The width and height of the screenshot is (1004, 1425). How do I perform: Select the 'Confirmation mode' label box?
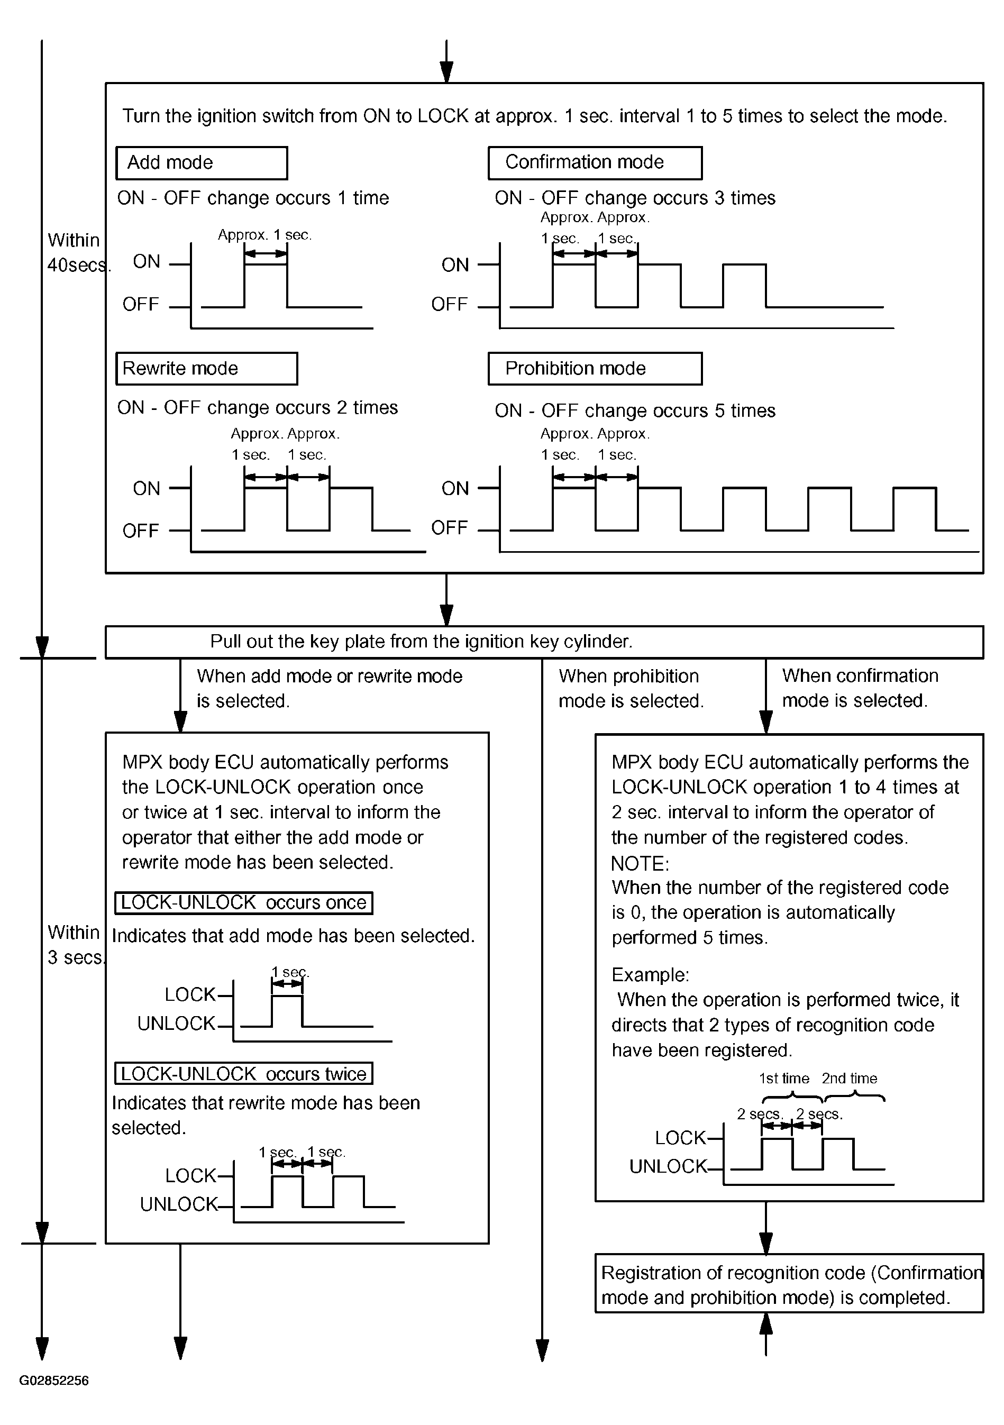(x=595, y=162)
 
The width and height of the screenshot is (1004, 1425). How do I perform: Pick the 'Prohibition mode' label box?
(x=595, y=369)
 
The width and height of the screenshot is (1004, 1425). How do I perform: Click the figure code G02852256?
(x=54, y=1381)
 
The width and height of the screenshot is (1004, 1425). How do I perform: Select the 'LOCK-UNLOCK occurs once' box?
(x=243, y=902)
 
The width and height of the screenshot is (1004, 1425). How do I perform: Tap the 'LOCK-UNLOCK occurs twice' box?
(x=243, y=1074)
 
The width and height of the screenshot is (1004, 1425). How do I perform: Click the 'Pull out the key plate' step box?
(x=544, y=642)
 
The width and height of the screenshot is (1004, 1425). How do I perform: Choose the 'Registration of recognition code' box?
(x=789, y=1285)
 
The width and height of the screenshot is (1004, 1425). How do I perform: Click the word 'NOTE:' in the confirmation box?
(x=640, y=863)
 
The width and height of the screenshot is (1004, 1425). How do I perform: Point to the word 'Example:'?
(x=650, y=974)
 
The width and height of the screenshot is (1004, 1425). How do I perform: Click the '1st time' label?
(x=784, y=1079)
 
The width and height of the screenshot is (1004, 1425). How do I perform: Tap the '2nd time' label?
(x=850, y=1079)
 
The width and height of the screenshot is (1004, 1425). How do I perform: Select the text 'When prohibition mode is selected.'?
(x=631, y=688)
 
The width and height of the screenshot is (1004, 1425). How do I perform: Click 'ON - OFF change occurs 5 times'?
(x=635, y=411)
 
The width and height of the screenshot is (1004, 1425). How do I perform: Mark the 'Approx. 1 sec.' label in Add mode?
(x=264, y=235)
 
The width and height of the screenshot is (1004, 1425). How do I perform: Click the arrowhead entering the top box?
(x=446, y=71)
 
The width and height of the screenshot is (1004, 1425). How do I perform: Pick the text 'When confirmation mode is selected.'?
(x=860, y=688)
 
